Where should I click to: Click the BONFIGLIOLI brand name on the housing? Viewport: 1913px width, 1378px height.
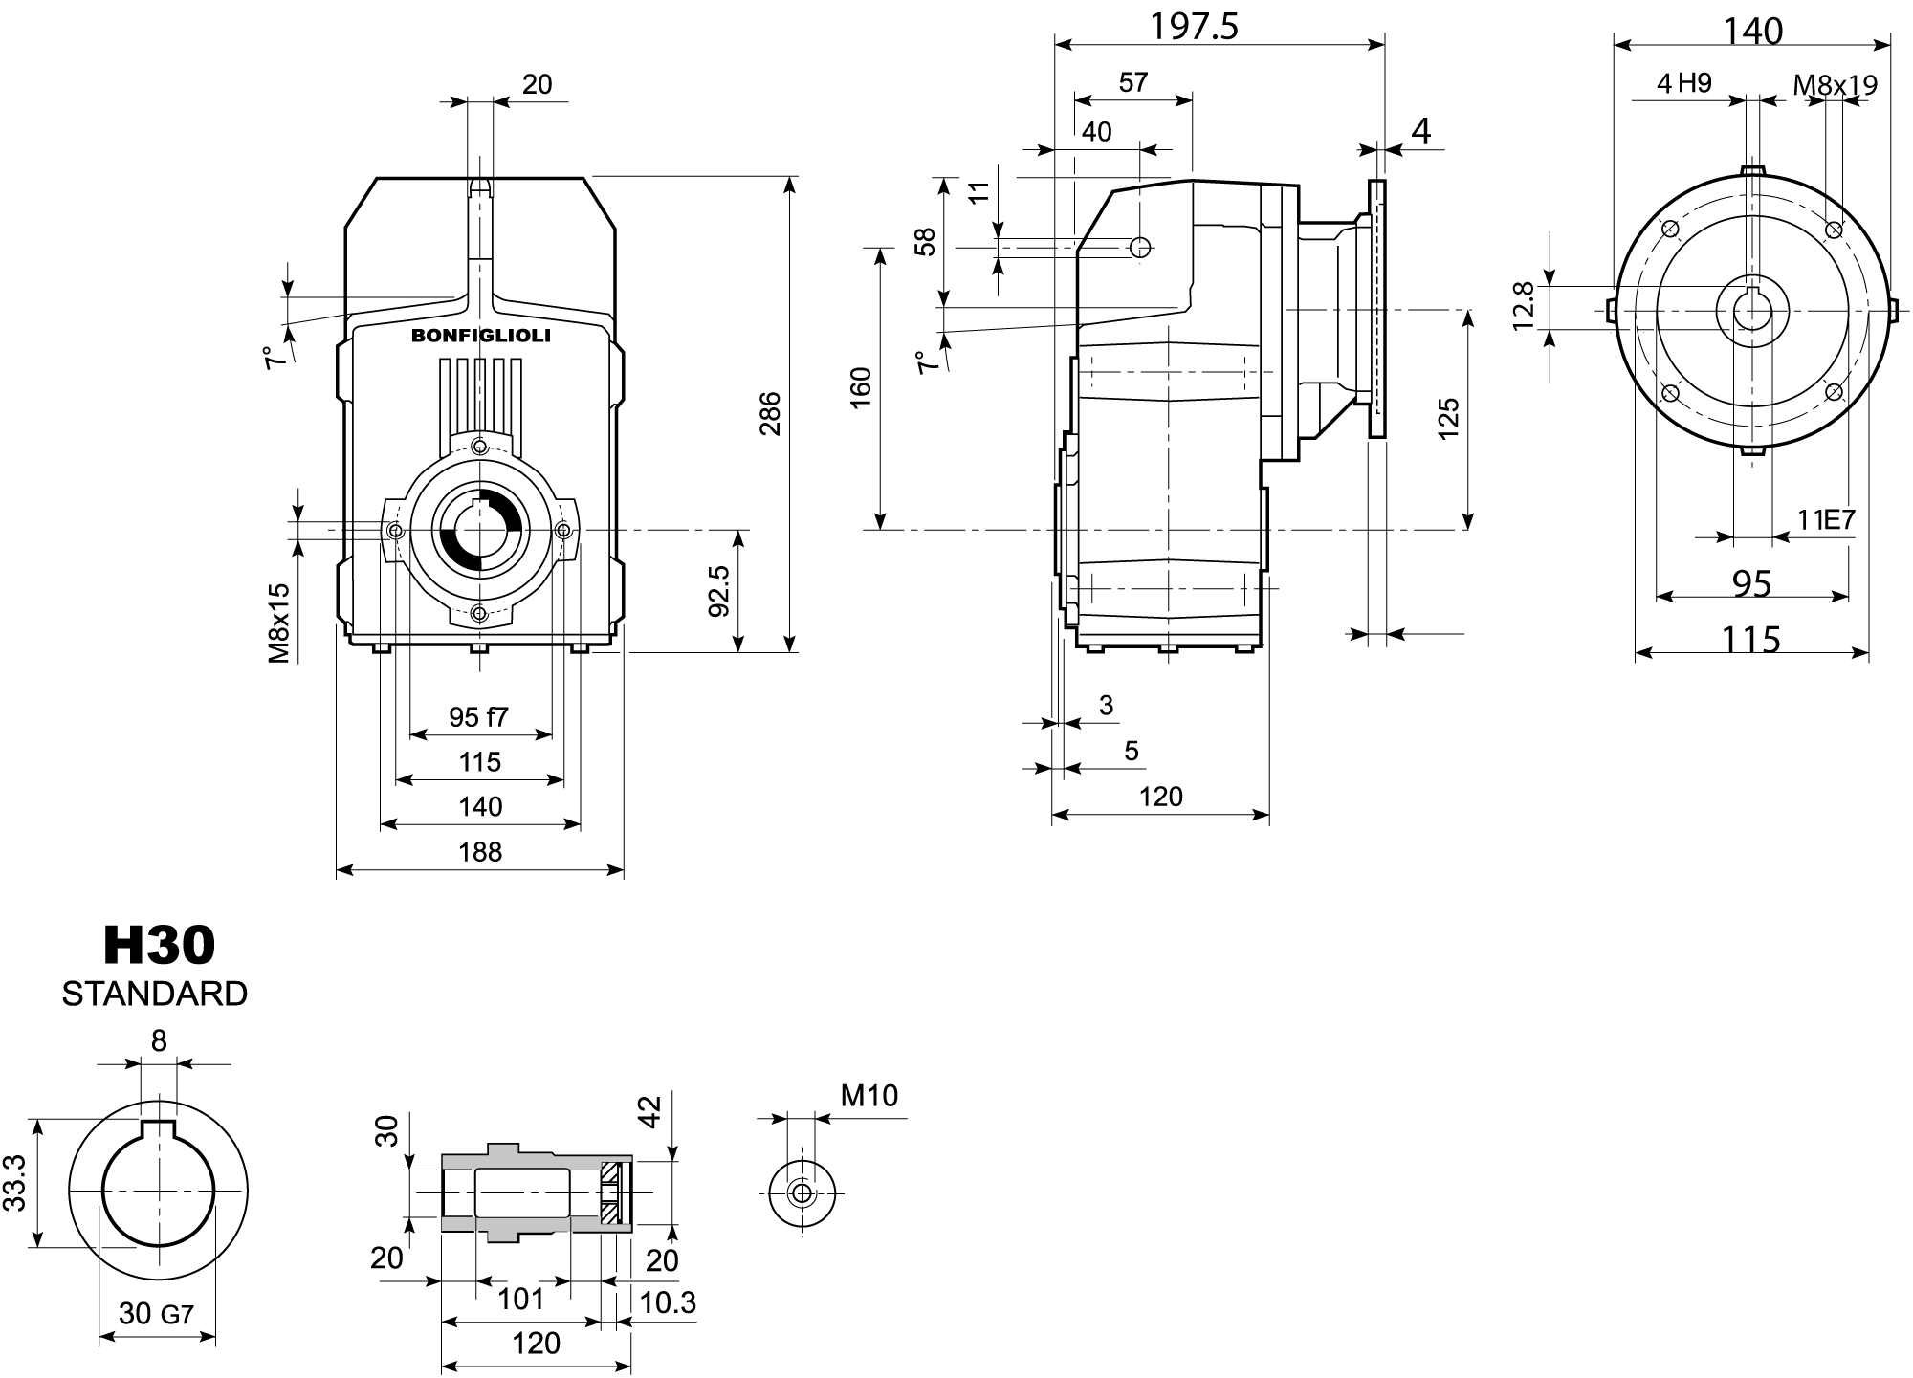480,335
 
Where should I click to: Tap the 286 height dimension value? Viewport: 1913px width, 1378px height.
771,413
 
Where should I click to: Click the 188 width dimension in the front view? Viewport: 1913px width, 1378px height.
479,851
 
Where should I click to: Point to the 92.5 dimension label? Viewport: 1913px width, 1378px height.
719,590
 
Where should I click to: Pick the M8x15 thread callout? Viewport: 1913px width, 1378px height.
278,623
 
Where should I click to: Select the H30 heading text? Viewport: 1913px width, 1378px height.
159,946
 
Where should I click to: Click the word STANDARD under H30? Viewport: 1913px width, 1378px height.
155,994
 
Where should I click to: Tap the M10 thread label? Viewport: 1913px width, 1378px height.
869,1095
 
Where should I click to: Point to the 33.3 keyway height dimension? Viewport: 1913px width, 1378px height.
14,1182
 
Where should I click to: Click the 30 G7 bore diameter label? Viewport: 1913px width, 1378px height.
156,1313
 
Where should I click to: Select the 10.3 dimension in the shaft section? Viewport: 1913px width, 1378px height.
668,1302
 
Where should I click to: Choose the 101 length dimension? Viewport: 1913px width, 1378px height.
520,1299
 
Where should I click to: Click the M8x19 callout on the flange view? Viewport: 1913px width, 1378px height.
1835,85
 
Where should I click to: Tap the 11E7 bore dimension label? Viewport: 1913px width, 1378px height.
1825,520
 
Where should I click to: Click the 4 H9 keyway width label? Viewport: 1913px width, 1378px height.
1683,83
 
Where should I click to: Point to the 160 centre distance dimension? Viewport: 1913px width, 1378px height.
861,388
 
